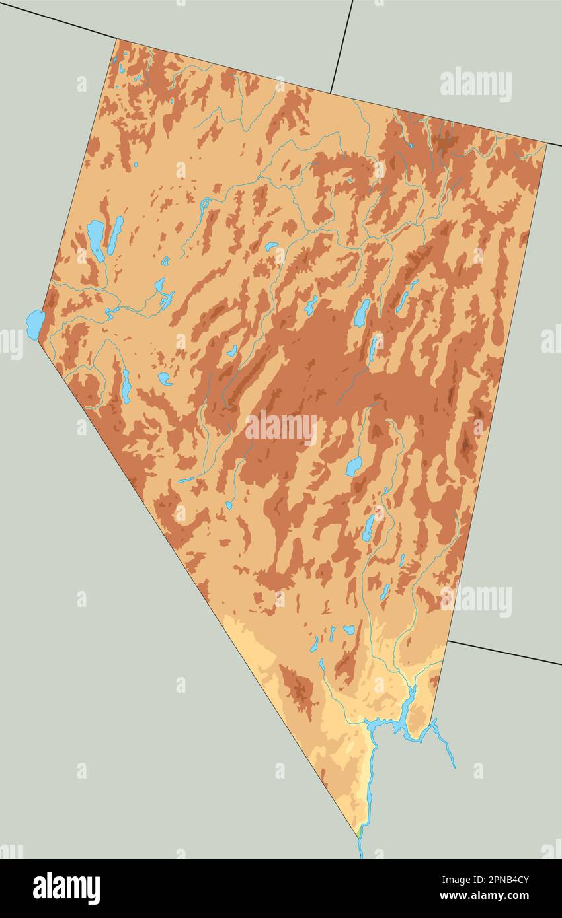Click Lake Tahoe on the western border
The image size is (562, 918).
(x=35, y=324)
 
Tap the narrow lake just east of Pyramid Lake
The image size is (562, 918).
(x=116, y=234)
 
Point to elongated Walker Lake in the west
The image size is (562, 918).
(x=126, y=386)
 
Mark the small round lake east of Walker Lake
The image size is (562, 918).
(x=165, y=378)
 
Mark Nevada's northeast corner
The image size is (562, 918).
(x=546, y=143)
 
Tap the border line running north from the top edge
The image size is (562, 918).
(x=341, y=46)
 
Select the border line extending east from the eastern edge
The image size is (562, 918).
(x=502, y=653)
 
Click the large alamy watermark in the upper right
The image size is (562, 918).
(x=475, y=84)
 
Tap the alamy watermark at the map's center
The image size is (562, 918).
(x=280, y=428)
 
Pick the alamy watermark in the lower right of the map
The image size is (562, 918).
(x=475, y=600)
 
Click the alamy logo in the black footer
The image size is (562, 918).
(x=66, y=888)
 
